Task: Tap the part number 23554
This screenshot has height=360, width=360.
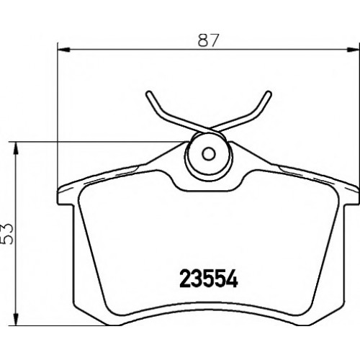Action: coord(209,279)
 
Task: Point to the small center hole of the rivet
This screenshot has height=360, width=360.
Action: coord(209,153)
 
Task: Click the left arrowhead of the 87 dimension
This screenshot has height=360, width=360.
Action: coord(64,50)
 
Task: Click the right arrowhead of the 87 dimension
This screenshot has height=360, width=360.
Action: coord(354,50)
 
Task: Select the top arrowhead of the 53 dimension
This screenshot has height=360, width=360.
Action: coord(16,148)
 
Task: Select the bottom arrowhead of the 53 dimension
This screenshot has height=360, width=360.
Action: coord(16,320)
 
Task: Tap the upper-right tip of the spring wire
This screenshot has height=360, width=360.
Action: coord(269,94)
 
